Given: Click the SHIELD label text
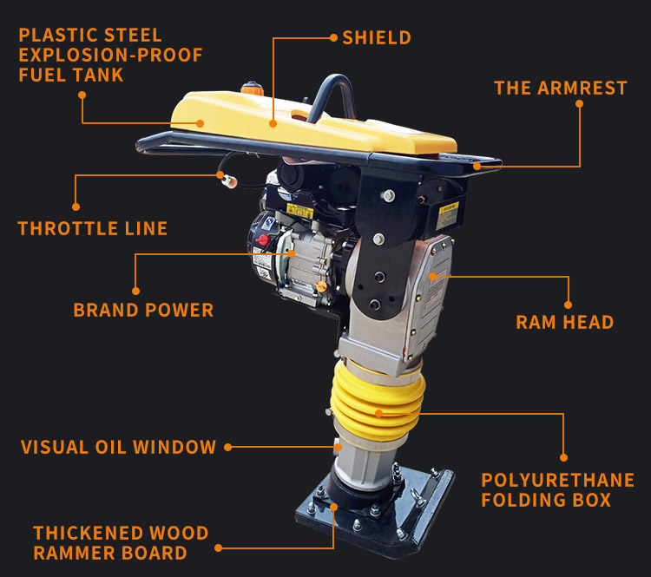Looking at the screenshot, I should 377,37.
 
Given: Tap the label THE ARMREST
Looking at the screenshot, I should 560,88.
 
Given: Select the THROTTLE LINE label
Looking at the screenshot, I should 93,229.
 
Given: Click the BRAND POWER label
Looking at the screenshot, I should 143,310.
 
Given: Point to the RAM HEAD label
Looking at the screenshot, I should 564,322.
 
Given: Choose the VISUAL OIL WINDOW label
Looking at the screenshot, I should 119,448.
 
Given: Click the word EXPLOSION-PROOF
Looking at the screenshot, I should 110,56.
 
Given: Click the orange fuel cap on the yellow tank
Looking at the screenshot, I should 253,89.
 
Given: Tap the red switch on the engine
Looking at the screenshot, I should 261,239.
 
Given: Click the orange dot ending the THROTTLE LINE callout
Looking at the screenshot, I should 76,207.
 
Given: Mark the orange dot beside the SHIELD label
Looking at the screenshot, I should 332,37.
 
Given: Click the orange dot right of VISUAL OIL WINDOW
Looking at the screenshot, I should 227,448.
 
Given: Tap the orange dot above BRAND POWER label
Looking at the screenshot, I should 135,291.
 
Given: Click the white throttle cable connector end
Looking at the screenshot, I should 229,181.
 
